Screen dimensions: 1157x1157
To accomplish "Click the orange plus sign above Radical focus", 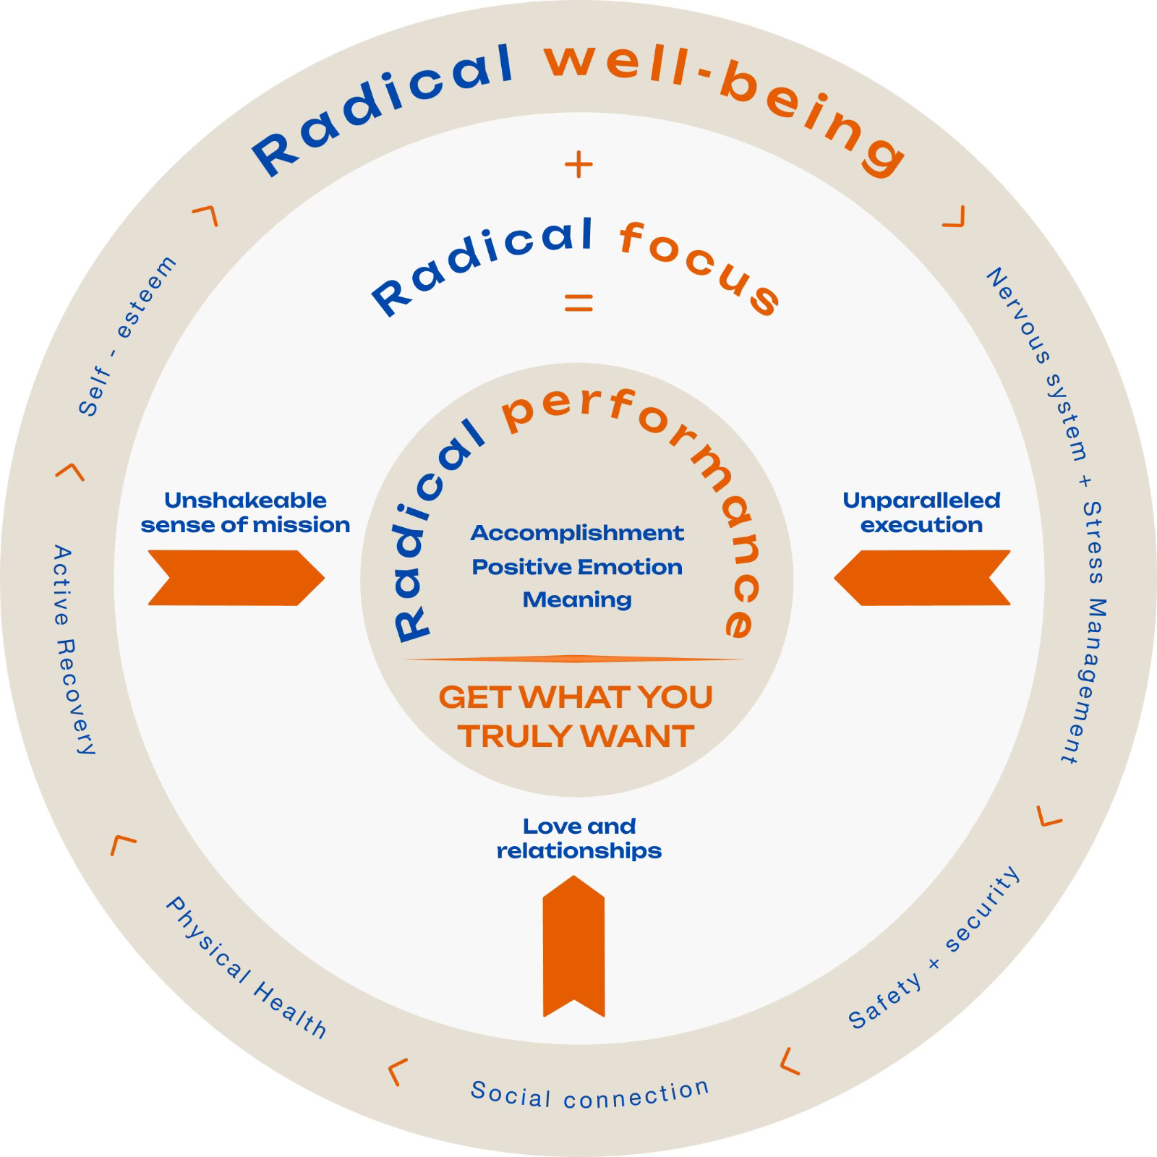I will (578, 166).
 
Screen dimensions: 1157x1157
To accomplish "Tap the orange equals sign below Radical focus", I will (578, 302).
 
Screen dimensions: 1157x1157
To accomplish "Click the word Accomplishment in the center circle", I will (577, 534).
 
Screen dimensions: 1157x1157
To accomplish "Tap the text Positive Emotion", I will (577, 567).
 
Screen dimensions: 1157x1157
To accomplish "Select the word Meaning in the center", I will (577, 599).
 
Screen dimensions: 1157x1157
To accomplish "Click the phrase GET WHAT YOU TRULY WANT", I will (576, 717).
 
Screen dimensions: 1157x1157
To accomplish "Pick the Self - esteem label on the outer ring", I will (127, 336).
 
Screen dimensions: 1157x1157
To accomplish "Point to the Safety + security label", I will (934, 948).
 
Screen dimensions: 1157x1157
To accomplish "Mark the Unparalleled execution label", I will (921, 513).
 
